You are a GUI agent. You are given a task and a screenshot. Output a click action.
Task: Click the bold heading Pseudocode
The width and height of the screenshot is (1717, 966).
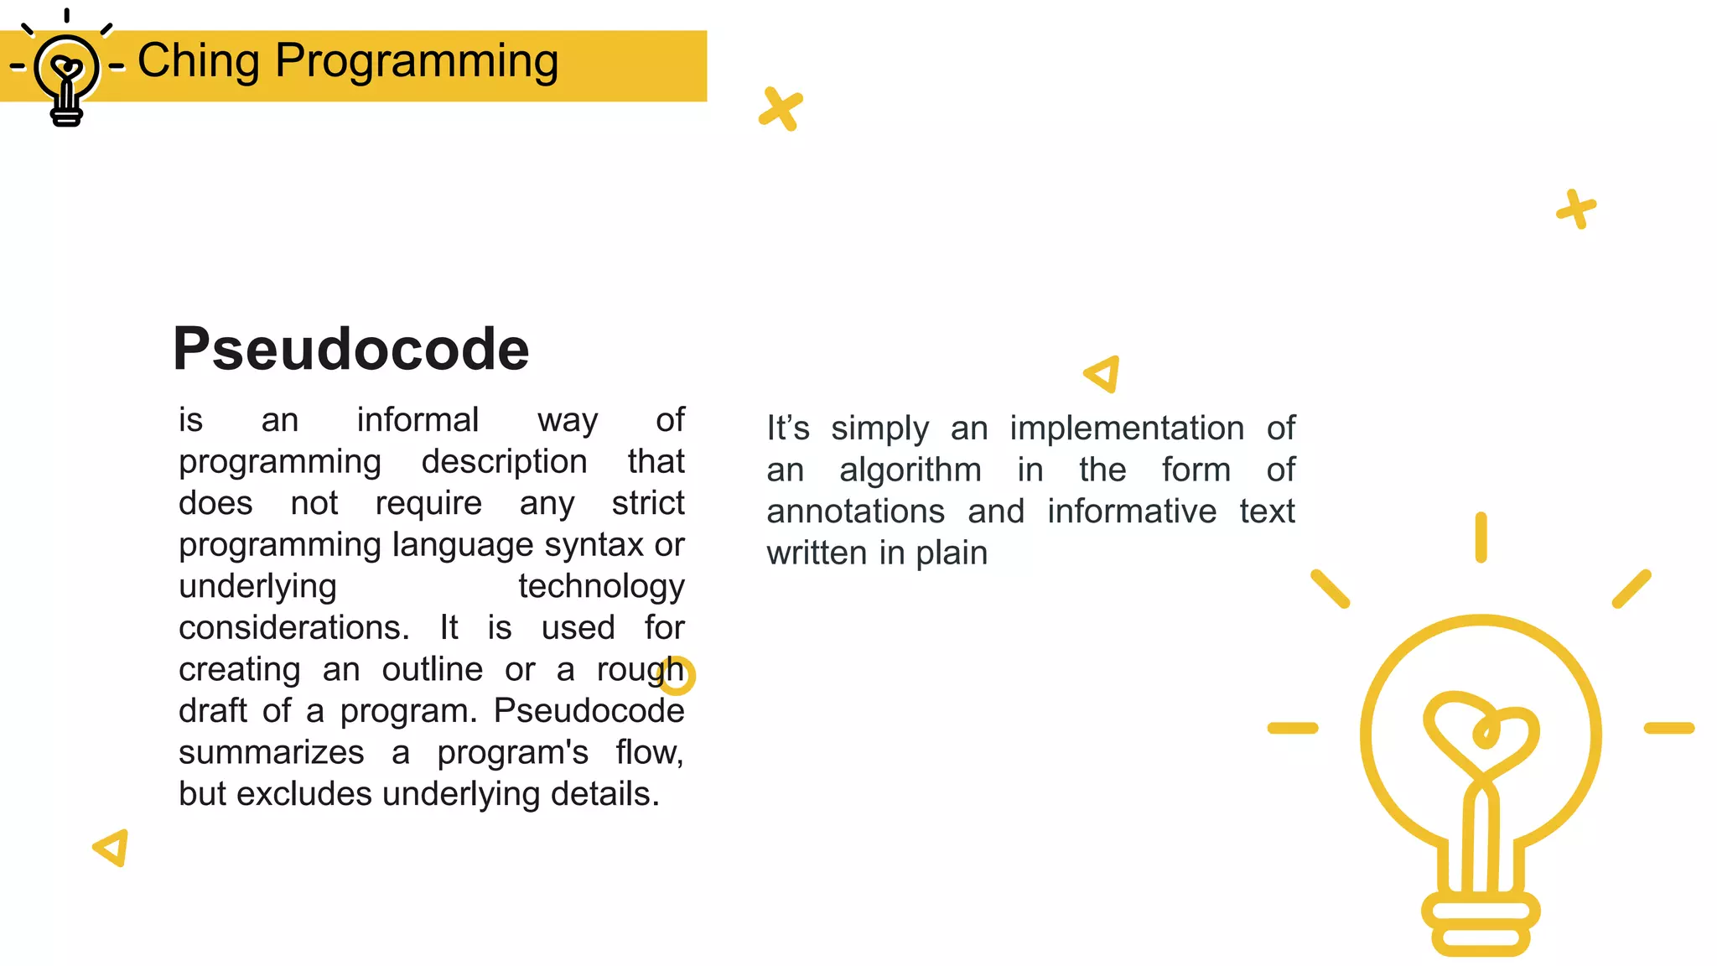click(350, 349)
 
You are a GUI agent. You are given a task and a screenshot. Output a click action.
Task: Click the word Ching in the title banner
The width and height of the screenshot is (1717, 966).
click(198, 61)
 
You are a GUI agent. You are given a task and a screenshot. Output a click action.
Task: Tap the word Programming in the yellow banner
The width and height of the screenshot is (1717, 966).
click(417, 61)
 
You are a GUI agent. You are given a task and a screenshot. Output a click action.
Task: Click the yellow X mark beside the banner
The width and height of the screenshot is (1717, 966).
click(781, 109)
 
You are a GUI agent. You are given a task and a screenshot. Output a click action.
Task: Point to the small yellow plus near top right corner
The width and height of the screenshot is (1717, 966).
click(1576, 209)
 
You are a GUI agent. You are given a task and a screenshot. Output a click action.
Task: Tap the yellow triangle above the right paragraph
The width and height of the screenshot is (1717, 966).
click(1103, 374)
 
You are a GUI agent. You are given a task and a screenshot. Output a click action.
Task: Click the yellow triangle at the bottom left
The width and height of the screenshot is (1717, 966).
click(112, 848)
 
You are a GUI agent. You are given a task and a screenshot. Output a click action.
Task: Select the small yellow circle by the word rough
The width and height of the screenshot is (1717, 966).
click(677, 676)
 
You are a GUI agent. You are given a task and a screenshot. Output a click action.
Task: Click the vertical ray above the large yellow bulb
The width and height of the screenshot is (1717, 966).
click(1481, 538)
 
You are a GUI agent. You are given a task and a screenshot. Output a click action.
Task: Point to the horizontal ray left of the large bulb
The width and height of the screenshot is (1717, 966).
click(1292, 728)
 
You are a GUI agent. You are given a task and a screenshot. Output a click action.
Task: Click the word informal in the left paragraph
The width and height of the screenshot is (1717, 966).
click(418, 420)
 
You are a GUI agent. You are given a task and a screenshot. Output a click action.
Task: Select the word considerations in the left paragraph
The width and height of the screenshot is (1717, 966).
click(293, 628)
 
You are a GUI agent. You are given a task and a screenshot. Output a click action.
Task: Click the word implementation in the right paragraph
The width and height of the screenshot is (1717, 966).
click(1127, 428)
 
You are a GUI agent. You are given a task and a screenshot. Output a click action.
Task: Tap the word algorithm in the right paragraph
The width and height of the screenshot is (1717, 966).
click(910, 470)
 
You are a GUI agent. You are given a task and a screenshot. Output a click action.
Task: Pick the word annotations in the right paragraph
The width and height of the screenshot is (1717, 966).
click(855, 512)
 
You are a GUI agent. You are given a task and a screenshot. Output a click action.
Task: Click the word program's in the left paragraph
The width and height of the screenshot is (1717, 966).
click(512, 753)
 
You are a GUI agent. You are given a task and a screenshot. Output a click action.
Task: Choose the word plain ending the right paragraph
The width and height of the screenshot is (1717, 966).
click(952, 553)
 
